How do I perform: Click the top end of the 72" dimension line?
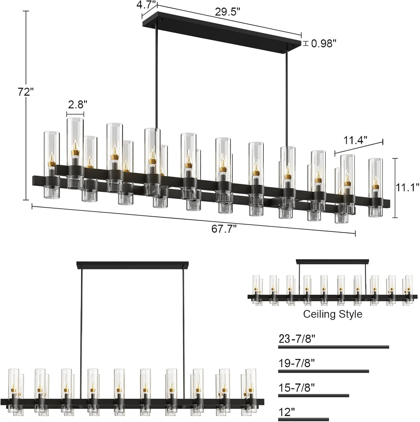pyautogui.click(x=26, y=11)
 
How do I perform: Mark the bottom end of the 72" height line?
pyautogui.click(x=26, y=200)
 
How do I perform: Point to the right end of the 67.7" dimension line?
pyautogui.click(x=355, y=233)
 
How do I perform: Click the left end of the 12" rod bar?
pyautogui.click(x=279, y=418)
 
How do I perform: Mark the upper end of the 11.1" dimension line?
pyautogui.click(x=395, y=158)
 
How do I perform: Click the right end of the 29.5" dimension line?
pyautogui.click(x=301, y=35)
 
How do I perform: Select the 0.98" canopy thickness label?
pyautogui.click(x=324, y=44)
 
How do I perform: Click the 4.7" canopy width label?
pyautogui.click(x=146, y=5)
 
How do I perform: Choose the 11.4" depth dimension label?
pyautogui.click(x=355, y=140)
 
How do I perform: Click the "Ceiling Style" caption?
pyautogui.click(x=333, y=314)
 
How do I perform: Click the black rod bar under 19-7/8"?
pyautogui.click(x=323, y=371)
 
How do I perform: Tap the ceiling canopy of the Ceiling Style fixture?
pyautogui.click(x=332, y=262)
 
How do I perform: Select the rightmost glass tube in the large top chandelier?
pyautogui.click(x=375, y=187)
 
